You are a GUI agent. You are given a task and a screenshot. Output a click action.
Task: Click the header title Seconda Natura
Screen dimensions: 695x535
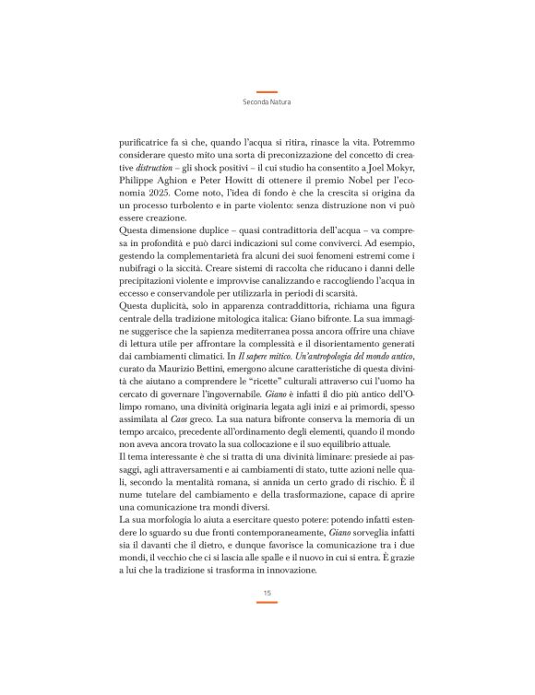[x=267, y=103]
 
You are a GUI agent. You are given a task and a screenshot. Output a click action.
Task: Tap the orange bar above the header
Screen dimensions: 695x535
[x=267, y=92]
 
